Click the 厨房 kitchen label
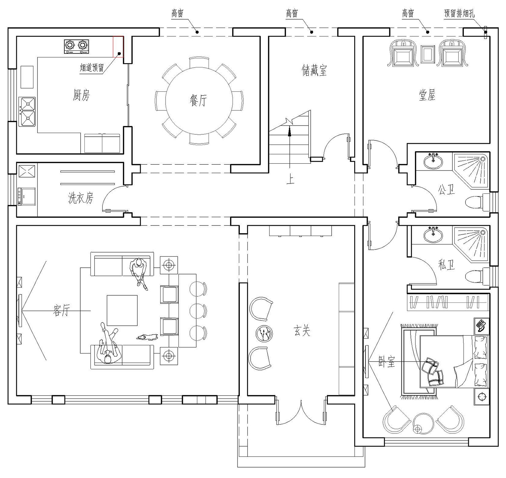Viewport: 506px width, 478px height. (81, 95)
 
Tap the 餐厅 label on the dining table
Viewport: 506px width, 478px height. (198, 100)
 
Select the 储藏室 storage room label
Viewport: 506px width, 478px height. (314, 71)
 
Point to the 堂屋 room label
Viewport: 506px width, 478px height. (427, 95)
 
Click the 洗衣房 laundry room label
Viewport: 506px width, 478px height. (81, 198)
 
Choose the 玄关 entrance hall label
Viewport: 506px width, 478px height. (302, 331)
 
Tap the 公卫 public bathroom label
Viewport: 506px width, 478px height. (446, 189)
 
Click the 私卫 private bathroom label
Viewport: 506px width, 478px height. (446, 265)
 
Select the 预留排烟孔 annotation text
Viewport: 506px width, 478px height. (459, 13)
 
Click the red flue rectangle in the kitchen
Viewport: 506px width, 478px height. (118, 47)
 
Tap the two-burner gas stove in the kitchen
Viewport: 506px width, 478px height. (77, 47)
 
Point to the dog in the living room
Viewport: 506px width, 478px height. (147, 337)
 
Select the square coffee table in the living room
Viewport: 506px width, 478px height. (122, 311)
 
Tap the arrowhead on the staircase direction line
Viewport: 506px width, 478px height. (289, 131)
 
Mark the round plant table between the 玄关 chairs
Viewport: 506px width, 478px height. (264, 333)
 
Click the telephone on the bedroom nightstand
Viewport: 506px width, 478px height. (481, 326)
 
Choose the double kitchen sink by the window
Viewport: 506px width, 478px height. (27, 112)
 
